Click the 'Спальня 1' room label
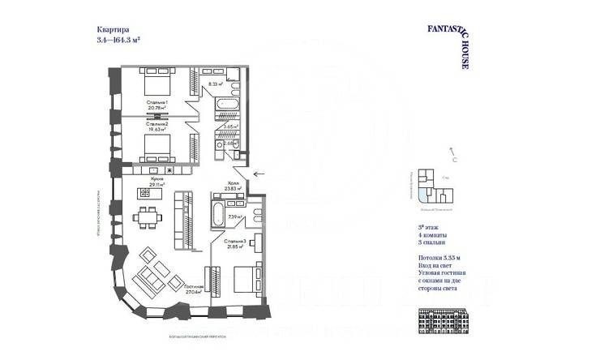click(x=157, y=101)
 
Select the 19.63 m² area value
click(x=157, y=128)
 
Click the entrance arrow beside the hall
click(x=259, y=174)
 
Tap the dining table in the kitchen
click(x=145, y=219)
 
